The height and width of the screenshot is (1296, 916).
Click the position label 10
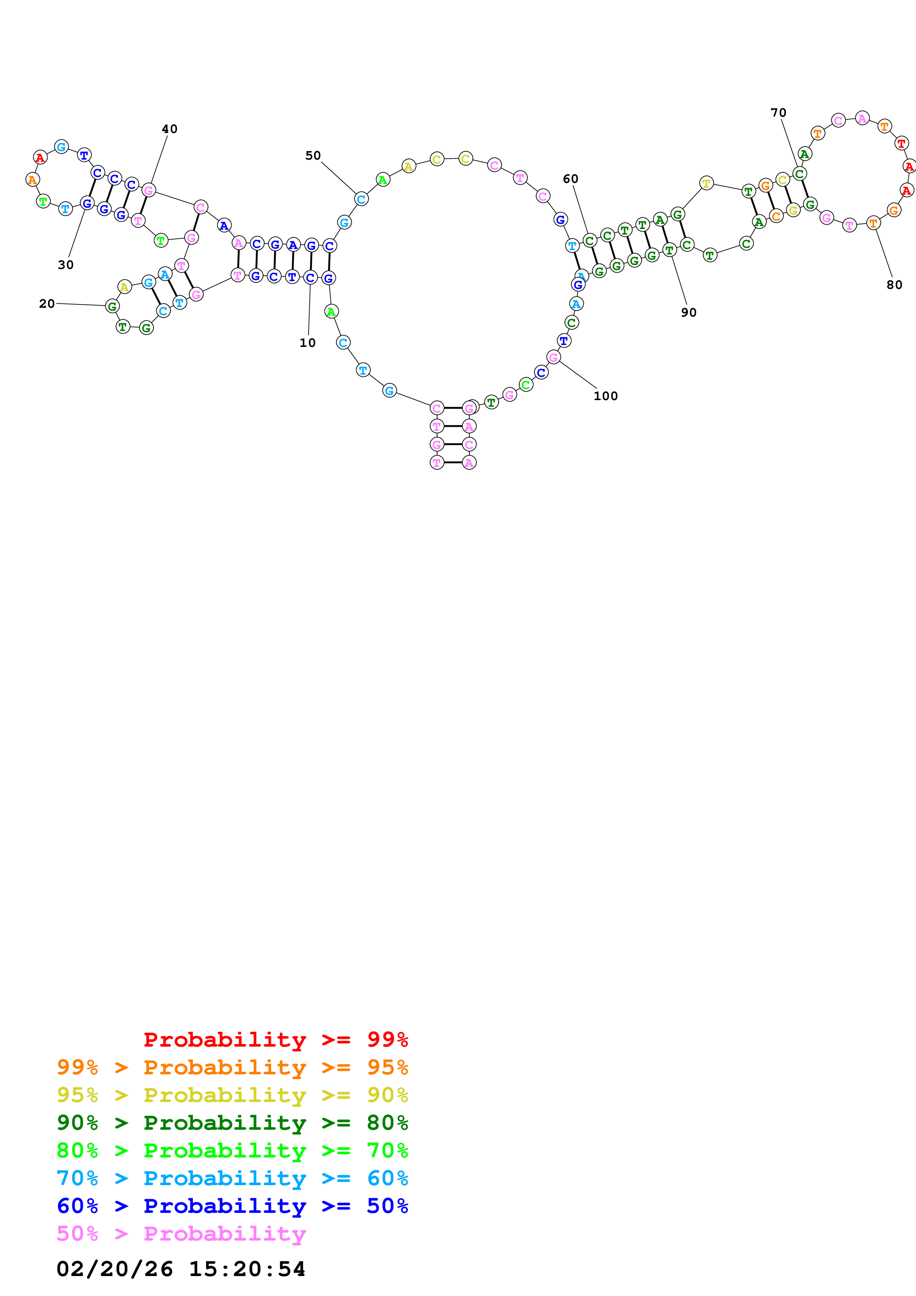[x=307, y=342]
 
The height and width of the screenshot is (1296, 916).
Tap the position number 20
[x=47, y=304]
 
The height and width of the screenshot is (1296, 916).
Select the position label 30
[x=65, y=265]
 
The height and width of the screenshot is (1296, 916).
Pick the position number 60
[x=570, y=179]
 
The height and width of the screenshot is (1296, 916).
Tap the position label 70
[x=778, y=113]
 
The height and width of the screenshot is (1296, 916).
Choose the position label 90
[x=688, y=313]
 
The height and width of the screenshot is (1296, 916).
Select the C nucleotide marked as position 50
[x=361, y=199]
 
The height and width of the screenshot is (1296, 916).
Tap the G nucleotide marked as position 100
[x=554, y=357]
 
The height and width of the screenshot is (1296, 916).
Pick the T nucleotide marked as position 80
[x=873, y=224]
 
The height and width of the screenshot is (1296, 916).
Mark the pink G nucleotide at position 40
[x=149, y=190]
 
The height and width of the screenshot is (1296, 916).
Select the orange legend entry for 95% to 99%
[x=232, y=1067]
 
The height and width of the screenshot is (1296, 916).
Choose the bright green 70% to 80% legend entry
[x=232, y=1150]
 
